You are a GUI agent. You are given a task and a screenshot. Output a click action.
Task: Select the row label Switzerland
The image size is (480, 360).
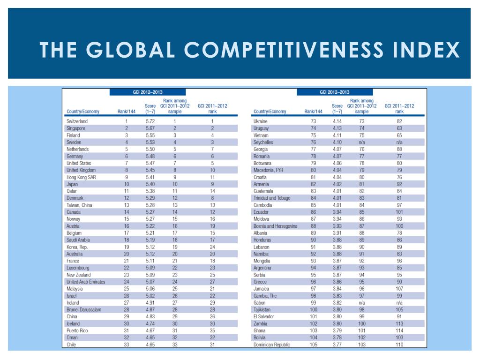point(77,121)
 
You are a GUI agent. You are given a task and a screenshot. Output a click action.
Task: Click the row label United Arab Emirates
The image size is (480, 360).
point(86,282)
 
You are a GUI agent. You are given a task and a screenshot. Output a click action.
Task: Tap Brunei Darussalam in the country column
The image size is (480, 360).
point(84,310)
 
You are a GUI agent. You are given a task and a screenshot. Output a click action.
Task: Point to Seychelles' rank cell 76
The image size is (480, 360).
point(314,142)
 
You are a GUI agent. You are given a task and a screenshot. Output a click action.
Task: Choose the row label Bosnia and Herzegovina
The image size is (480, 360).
point(275,226)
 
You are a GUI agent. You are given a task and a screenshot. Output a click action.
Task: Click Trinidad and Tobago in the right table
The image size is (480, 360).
point(272,198)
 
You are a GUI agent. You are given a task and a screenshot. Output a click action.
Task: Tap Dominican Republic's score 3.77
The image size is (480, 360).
point(337,345)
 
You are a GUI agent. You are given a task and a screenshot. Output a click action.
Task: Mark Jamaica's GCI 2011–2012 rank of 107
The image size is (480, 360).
point(399,289)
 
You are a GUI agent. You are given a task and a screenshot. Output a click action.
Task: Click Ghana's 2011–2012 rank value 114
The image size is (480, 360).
point(399,331)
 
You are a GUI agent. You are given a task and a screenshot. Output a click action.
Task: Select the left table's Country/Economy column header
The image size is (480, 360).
point(84,112)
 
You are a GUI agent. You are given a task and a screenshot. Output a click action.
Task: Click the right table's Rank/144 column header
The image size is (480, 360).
point(314,112)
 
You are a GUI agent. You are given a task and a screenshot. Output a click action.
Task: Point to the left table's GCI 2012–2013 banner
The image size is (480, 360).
point(148,92)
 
